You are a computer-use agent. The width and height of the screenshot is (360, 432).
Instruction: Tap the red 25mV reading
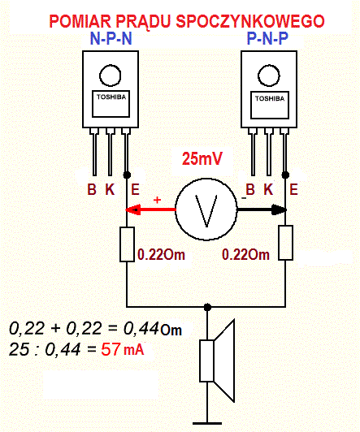pyautogui.click(x=202, y=158)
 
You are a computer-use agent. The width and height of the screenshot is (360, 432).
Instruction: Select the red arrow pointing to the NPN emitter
pyautogui.click(x=150, y=210)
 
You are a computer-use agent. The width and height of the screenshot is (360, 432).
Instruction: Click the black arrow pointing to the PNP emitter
pyautogui.click(x=262, y=210)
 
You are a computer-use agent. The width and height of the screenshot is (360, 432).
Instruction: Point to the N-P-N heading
pyautogui.click(x=111, y=39)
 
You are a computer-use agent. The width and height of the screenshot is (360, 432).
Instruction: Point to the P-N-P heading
pyautogui.click(x=267, y=38)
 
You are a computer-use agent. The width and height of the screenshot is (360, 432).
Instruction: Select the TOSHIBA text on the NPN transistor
pyautogui.click(x=111, y=97)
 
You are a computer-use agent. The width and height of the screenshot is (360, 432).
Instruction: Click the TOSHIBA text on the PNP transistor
pyautogui.click(x=270, y=98)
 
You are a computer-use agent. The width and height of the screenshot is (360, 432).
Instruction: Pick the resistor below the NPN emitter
pyautogui.click(x=127, y=244)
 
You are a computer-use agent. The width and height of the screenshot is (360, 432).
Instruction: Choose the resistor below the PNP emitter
pyautogui.click(x=285, y=243)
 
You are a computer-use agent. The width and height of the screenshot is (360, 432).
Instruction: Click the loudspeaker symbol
pyautogui.click(x=217, y=361)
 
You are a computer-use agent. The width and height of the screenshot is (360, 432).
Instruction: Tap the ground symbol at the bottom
pyautogui.click(x=207, y=423)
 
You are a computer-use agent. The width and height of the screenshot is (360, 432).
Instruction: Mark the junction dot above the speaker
pyautogui.click(x=207, y=307)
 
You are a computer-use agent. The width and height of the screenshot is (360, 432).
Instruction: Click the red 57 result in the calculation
pyautogui.click(x=111, y=350)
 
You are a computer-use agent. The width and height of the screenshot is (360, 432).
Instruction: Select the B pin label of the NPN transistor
pyautogui.click(x=92, y=189)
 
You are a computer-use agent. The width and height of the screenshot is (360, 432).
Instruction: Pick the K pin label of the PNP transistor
pyautogui.click(x=268, y=189)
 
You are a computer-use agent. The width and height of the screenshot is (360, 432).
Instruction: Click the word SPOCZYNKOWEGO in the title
pyautogui.click(x=250, y=21)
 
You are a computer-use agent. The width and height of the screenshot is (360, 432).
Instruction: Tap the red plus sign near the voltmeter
pyautogui.click(x=157, y=200)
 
